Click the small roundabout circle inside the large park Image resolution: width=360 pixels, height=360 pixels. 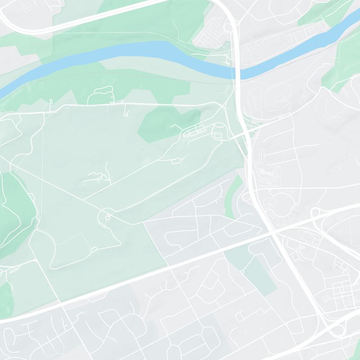[x=108, y=217]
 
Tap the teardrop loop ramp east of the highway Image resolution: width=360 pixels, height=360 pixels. [x=315, y=212]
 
